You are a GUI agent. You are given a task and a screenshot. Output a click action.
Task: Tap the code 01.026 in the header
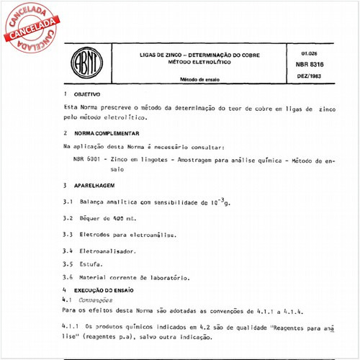tap(302, 53)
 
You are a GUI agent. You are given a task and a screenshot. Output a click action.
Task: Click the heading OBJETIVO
tap(86, 94)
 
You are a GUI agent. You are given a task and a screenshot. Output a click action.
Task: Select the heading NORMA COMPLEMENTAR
tap(107, 133)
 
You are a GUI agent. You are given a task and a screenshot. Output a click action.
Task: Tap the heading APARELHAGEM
tap(94, 185)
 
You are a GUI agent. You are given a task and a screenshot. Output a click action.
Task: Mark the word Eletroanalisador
tap(108, 251)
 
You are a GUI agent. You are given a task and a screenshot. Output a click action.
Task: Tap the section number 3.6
tap(68, 277)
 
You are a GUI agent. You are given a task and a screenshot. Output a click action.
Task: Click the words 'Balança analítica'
tap(108, 202)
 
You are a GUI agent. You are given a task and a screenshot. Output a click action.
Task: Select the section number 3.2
tap(68, 218)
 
